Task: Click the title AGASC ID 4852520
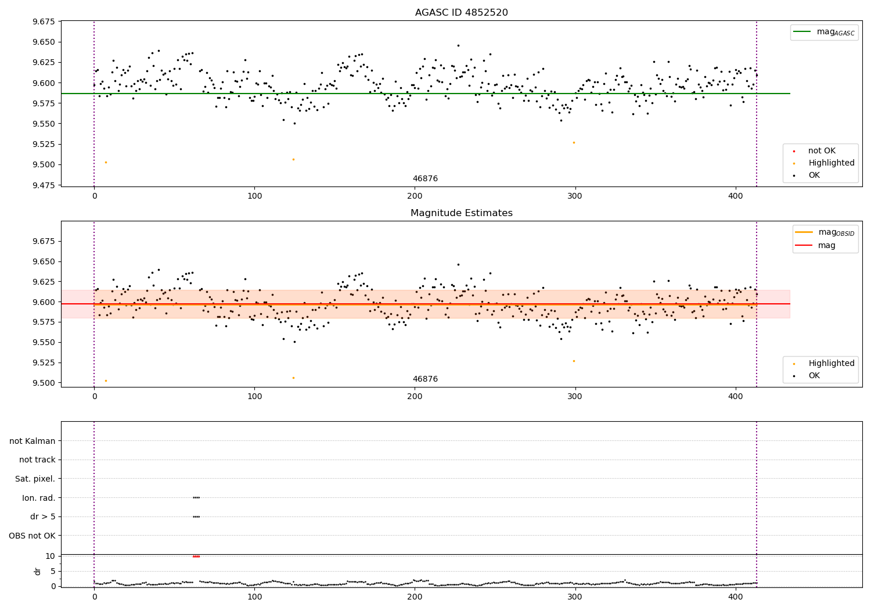pyautogui.click(x=461, y=13)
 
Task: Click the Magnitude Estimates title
pyautogui.click(x=461, y=213)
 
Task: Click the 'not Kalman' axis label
pyautogui.click(x=33, y=441)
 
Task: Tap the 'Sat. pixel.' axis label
pyautogui.click(x=35, y=479)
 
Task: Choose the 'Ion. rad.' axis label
pyautogui.click(x=39, y=498)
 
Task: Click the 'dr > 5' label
pyautogui.click(x=42, y=516)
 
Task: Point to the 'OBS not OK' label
pyautogui.click(x=33, y=536)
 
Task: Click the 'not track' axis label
pyautogui.click(x=37, y=460)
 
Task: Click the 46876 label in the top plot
pyautogui.click(x=425, y=179)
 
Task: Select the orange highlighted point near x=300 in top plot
pyautogui.click(x=574, y=142)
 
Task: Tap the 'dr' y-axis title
pyautogui.click(x=38, y=571)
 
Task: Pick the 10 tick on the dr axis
pyautogui.click(x=50, y=556)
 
